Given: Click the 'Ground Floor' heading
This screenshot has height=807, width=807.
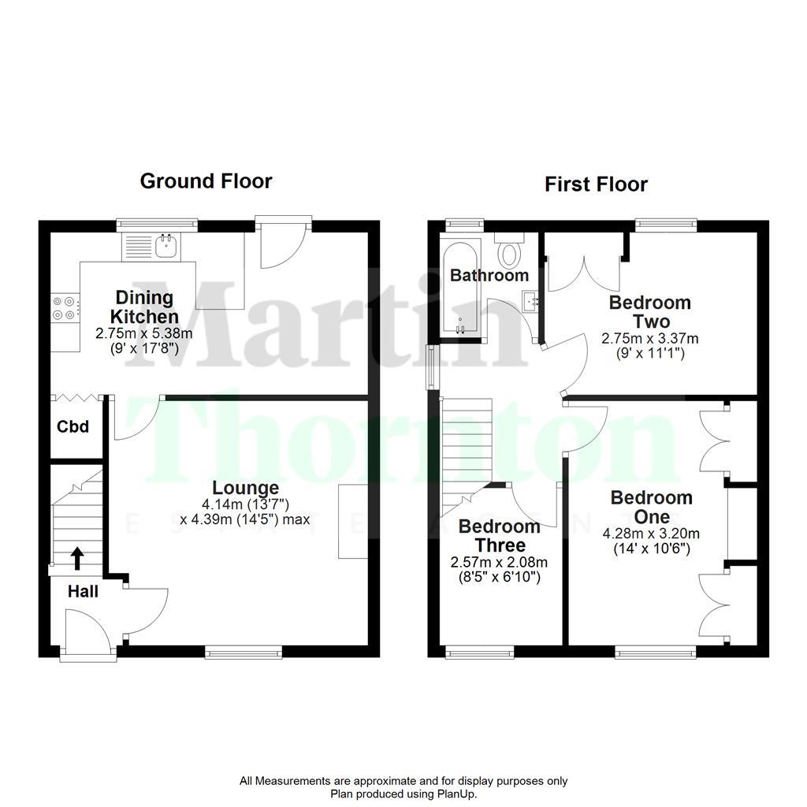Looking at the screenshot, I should tap(206, 181).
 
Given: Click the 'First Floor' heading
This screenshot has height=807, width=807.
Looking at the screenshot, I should tap(596, 184).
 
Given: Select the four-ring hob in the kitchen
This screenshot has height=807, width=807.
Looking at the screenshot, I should tap(65, 307).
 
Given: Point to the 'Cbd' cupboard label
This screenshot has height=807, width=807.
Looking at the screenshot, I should tap(73, 427).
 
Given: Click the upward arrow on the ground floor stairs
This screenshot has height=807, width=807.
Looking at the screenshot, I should tap(77, 558).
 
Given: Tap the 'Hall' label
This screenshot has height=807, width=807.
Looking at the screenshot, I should tap(83, 591).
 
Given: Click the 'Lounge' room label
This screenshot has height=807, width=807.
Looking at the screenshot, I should tap(245, 489).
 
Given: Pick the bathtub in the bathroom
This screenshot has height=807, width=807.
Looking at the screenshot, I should tap(461, 292).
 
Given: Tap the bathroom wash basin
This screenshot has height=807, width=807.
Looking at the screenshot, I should tap(530, 299).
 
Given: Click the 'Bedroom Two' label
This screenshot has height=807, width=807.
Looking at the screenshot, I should tap(639, 311).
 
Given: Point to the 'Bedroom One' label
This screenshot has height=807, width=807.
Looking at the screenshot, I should tap(651, 508).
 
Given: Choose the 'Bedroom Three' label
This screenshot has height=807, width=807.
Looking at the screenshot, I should tap(499, 536).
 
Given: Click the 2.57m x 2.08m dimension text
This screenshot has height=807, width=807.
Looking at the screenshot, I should tap(499, 563).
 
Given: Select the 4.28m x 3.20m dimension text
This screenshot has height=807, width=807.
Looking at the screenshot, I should tap(651, 534).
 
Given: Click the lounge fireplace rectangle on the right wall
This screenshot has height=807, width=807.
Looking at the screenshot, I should tap(353, 522).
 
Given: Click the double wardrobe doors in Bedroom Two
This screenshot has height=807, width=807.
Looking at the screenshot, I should tap(583, 268).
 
